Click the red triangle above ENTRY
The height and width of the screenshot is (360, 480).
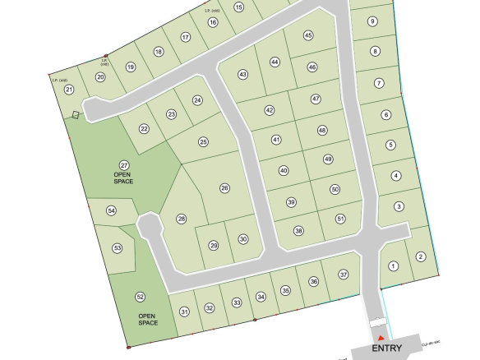(381, 336)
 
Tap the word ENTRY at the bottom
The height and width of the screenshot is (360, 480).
(388, 348)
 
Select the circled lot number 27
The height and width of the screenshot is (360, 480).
(124, 165)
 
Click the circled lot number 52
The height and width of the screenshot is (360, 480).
(141, 297)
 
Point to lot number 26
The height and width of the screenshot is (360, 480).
(224, 188)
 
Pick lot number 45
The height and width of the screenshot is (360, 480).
(308, 35)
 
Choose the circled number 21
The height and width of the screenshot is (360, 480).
(69, 90)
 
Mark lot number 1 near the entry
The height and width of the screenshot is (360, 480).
(393, 265)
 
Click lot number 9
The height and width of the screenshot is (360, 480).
(372, 21)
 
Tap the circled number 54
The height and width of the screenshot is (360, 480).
(112, 211)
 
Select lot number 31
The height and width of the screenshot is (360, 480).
(184, 311)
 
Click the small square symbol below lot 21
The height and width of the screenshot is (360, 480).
(76, 115)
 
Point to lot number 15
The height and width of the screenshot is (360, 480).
(239, 7)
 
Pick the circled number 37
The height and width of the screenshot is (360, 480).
(344, 274)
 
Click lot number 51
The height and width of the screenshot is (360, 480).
(340, 219)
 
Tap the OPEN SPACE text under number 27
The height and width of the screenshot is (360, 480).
(124, 178)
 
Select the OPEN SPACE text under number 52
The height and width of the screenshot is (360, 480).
(146, 320)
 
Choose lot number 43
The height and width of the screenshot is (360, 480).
(242, 74)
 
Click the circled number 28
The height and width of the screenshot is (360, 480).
(182, 219)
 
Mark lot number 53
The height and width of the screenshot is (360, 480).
(118, 247)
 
